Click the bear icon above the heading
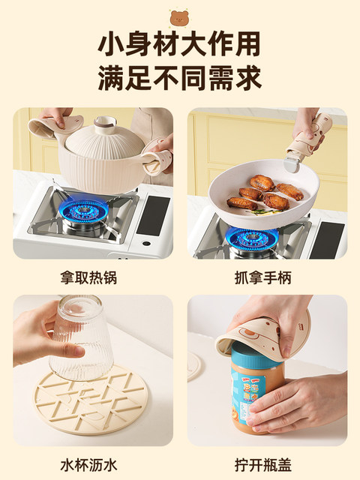coord(180,17)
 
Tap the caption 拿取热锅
coord(88,278)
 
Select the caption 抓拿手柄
coord(263,278)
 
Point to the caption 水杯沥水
coord(88,465)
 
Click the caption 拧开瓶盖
coord(263,465)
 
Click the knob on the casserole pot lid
coord(105,123)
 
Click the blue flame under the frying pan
coord(253,237)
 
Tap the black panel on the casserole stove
coord(153,215)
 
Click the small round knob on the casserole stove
coord(146,244)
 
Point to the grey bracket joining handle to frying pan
coord(292,162)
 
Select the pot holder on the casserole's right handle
coord(158,155)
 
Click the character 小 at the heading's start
coord(110,44)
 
